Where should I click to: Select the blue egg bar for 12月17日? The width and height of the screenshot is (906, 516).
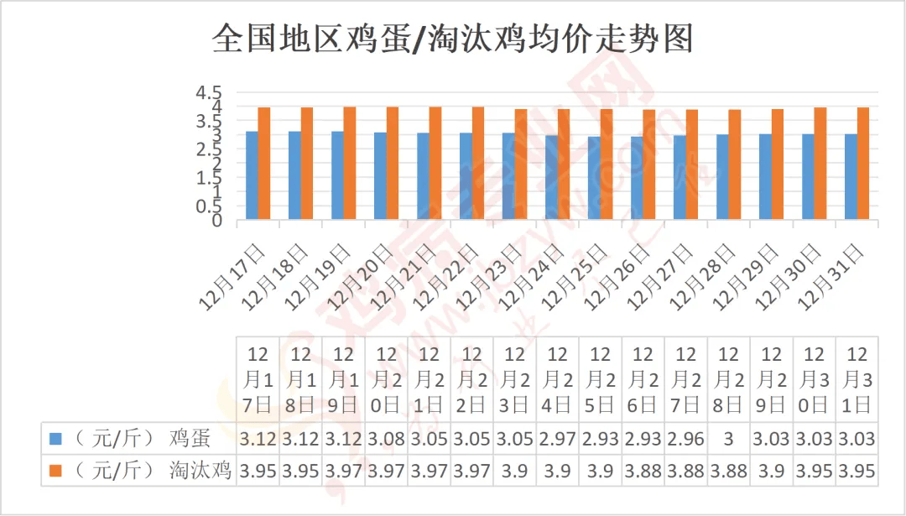click(x=252, y=175)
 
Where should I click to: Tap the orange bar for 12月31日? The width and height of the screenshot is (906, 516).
click(x=863, y=164)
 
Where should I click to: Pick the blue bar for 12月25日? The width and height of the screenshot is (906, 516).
click(x=594, y=178)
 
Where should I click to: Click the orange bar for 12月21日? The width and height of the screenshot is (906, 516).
click(x=435, y=164)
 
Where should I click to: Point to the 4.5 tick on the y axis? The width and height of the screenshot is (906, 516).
click(x=209, y=92)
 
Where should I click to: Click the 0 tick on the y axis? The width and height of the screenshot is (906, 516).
click(x=216, y=221)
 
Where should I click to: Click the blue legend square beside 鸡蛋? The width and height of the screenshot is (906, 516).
click(x=55, y=439)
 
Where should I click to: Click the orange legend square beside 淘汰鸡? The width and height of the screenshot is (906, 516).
click(x=55, y=471)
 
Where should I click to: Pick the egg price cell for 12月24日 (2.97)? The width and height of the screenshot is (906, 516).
click(x=558, y=439)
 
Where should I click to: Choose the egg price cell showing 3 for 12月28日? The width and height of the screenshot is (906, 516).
click(x=729, y=439)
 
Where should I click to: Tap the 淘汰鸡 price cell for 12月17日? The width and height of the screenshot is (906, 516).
click(x=259, y=471)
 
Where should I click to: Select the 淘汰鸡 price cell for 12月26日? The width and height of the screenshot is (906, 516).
click(x=643, y=471)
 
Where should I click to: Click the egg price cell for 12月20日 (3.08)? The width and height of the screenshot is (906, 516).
click(x=387, y=439)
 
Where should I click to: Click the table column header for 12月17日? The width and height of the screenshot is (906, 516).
click(x=259, y=379)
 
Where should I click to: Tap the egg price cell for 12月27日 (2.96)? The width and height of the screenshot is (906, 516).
click(x=686, y=439)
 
